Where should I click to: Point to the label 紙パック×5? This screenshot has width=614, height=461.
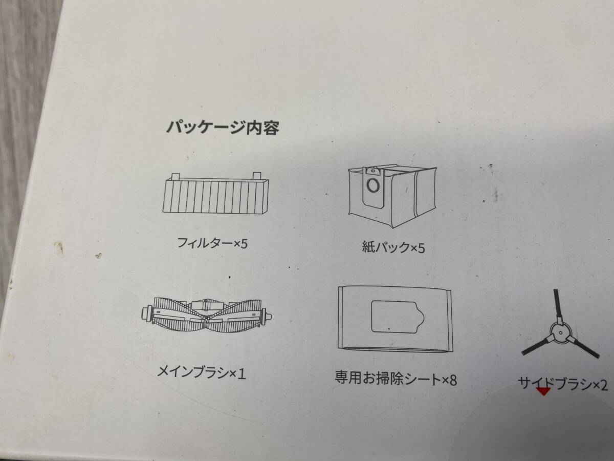tap(393, 248)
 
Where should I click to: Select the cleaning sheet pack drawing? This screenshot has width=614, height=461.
tap(394, 319)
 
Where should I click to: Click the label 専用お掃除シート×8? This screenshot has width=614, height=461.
tap(395, 380)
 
